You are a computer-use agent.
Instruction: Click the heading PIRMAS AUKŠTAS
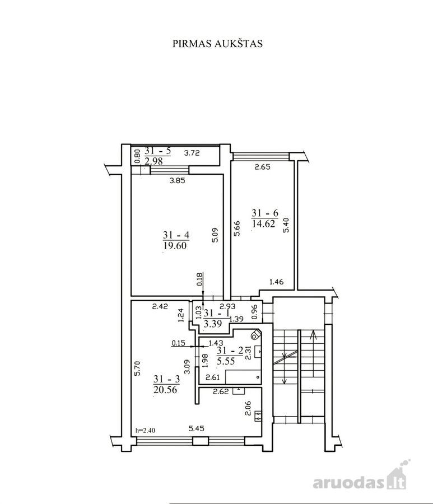point(217,44)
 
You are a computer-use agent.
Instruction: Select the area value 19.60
point(175,246)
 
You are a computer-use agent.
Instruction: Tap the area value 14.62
point(264,223)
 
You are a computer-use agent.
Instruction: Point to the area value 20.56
point(166,389)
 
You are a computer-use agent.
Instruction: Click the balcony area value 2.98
point(153,161)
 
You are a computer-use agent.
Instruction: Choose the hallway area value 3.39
point(212,323)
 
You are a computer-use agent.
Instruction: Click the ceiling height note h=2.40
point(145,430)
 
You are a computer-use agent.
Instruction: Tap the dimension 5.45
point(197,428)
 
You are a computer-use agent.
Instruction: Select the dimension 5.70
point(137,368)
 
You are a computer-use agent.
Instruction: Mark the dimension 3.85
point(178,181)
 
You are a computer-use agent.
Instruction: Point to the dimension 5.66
point(238,228)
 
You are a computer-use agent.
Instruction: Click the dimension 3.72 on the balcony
point(192,153)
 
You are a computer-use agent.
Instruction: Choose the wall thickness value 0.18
point(199,279)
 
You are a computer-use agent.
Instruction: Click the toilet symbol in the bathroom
point(255,335)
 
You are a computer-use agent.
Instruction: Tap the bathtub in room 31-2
point(243,377)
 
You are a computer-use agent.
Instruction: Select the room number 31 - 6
point(265,213)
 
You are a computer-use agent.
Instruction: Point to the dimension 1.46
point(277,282)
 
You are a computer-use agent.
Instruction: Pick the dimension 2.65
point(263,167)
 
